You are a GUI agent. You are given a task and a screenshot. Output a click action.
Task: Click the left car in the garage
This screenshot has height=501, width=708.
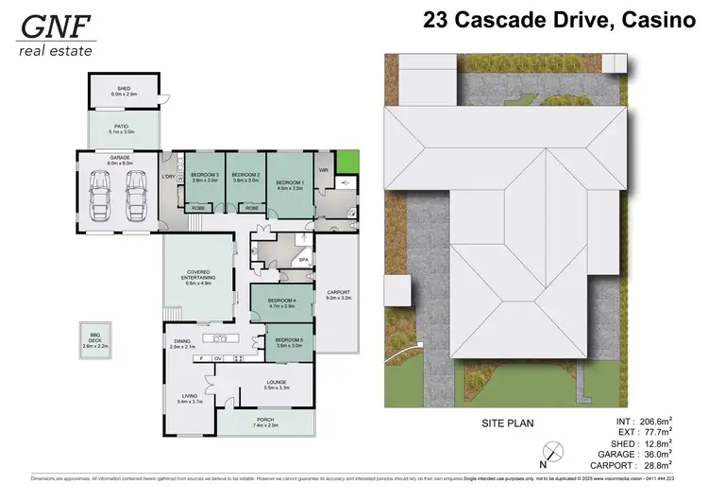click(x=100, y=193)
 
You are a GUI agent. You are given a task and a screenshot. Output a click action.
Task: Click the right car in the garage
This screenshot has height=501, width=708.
click(x=138, y=193)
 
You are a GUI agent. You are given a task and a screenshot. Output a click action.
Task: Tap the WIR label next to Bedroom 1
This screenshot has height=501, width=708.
click(x=323, y=171)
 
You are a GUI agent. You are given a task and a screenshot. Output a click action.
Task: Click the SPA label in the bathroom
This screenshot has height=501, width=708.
click(x=304, y=259)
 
